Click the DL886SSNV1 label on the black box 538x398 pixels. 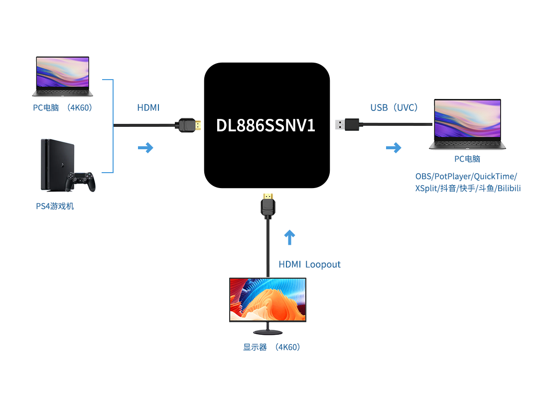click(266, 125)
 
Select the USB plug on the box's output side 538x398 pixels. click(347, 124)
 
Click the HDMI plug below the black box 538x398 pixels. click(268, 205)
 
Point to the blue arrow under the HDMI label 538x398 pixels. click(145, 148)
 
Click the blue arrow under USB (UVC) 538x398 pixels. click(394, 148)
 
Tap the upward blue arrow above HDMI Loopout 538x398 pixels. click(289, 237)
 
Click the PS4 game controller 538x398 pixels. click(81, 182)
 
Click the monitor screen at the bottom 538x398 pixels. click(268, 299)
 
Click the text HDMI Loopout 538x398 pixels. click(309, 264)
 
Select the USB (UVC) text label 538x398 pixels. click(394, 107)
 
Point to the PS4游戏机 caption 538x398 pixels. click(55, 206)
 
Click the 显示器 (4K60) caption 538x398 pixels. click(271, 347)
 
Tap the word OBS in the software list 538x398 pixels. click(423, 177)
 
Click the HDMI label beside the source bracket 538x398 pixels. click(148, 107)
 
